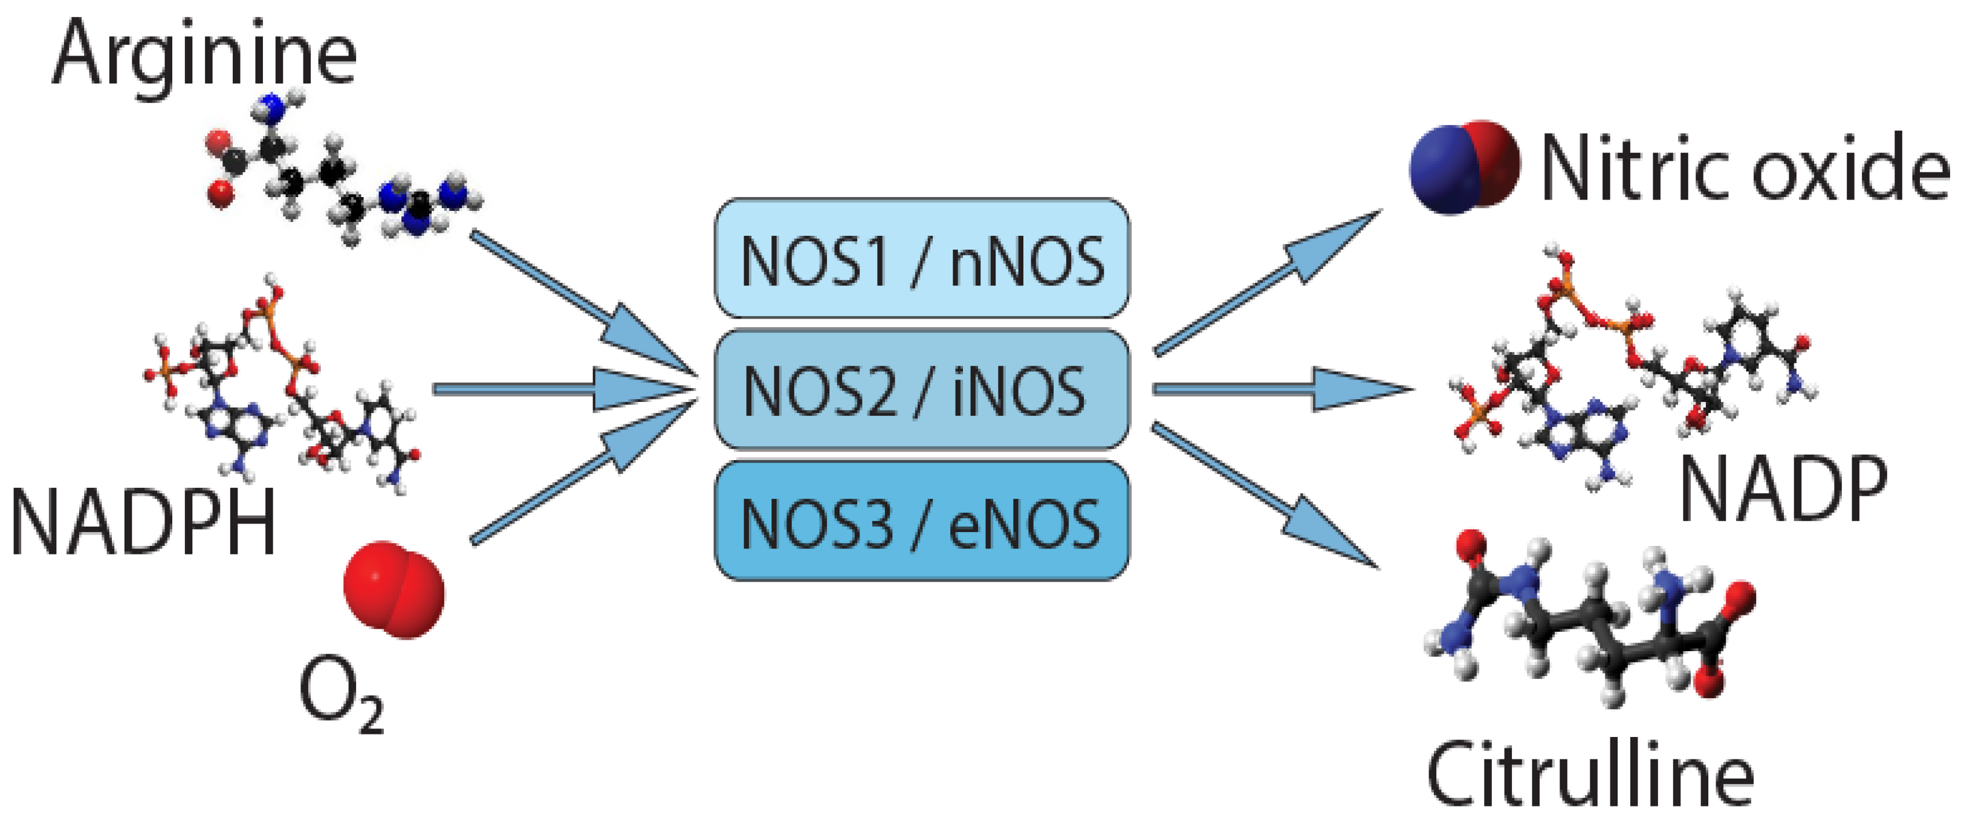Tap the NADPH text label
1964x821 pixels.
[x=143, y=523]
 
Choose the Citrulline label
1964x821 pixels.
[x=1590, y=774]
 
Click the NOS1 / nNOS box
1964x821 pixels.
[x=921, y=259]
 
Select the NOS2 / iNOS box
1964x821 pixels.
[x=921, y=391]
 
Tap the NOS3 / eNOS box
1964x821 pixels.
[x=921, y=522]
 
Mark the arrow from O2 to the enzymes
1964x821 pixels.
[x=580, y=480]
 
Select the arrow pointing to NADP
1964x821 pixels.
[x=1281, y=389]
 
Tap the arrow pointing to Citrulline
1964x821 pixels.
[x=1266, y=496]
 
